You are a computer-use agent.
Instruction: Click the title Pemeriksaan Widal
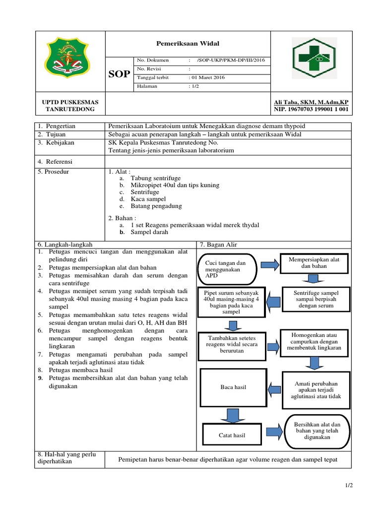pos(188,44)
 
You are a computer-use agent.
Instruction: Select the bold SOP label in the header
pos(120,74)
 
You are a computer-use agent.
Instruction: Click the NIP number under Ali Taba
pos(308,109)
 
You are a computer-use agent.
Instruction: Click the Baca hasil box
pos(233,387)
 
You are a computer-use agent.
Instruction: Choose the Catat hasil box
pos(232,436)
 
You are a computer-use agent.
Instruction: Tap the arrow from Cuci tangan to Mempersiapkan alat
pos(270,265)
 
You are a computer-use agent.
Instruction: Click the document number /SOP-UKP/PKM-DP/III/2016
pos(231,60)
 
